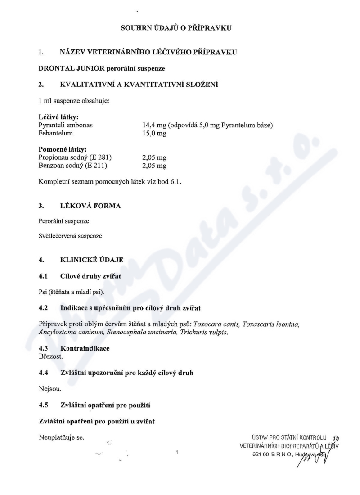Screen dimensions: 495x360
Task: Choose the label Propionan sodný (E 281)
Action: [75, 157]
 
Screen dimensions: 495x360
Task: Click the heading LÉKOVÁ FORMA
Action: [90, 206]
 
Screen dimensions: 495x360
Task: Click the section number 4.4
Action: [44, 373]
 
